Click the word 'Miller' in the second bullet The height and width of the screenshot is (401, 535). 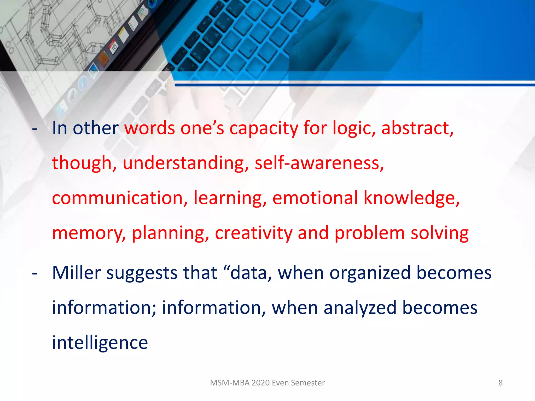point(76,273)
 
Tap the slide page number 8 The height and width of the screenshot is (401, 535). point(500,383)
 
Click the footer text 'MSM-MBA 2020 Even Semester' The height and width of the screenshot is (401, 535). point(267,383)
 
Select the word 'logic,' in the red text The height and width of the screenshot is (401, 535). point(354,128)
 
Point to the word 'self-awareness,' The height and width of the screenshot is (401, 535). point(319,163)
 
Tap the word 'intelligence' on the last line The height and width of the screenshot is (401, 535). point(100,343)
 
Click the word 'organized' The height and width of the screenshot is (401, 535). point(370,273)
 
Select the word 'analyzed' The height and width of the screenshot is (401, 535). point(360,308)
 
